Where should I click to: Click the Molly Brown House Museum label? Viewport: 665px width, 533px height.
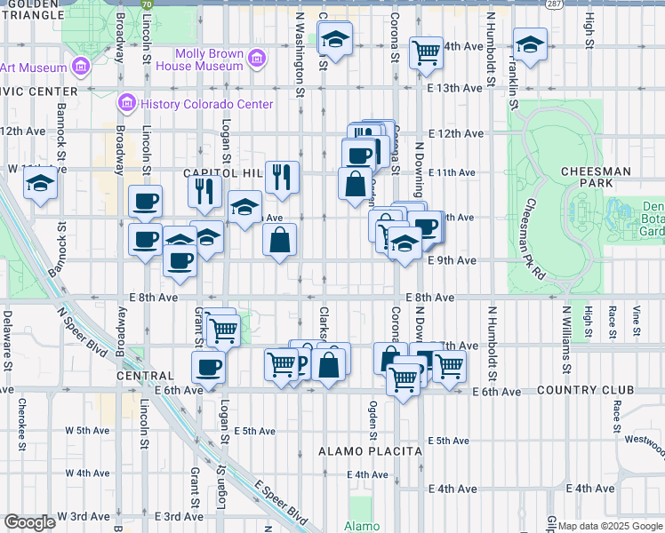point(209,60)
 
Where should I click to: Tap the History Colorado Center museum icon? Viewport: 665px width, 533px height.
point(125,104)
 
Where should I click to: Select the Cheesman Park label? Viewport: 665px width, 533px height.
point(596,177)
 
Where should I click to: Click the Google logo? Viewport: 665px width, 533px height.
point(29,522)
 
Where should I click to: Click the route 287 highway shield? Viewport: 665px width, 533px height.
point(552,4)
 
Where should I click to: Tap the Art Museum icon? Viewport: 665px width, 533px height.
point(80,67)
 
